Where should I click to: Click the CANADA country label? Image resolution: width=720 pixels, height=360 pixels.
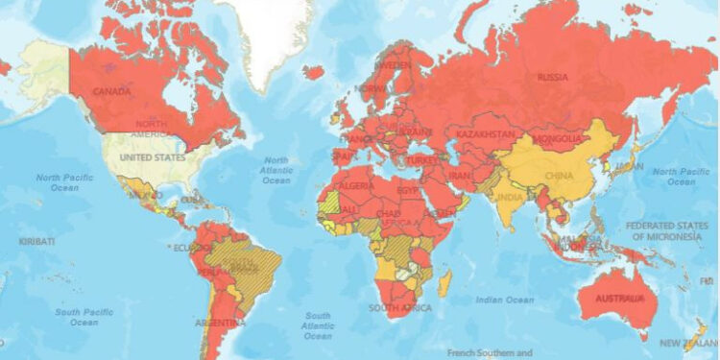tap(111, 92)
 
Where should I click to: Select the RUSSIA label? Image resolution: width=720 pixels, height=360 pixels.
tap(552, 77)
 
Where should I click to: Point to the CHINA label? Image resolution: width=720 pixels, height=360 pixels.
tap(559, 176)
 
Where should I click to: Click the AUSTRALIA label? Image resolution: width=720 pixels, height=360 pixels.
tap(618, 298)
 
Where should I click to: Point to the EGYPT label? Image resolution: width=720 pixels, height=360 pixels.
tap(409, 189)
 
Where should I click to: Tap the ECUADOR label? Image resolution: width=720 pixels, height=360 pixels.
tap(189, 247)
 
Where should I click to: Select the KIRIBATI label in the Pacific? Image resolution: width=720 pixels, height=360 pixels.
tap(36, 241)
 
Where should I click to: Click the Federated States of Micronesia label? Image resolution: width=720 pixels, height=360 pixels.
tap(662, 230)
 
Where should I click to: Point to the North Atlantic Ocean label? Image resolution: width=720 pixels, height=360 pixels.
tap(276, 170)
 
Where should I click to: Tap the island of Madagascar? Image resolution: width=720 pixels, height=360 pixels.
tap(444, 283)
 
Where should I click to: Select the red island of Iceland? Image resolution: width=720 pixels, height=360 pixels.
tap(313, 71)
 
